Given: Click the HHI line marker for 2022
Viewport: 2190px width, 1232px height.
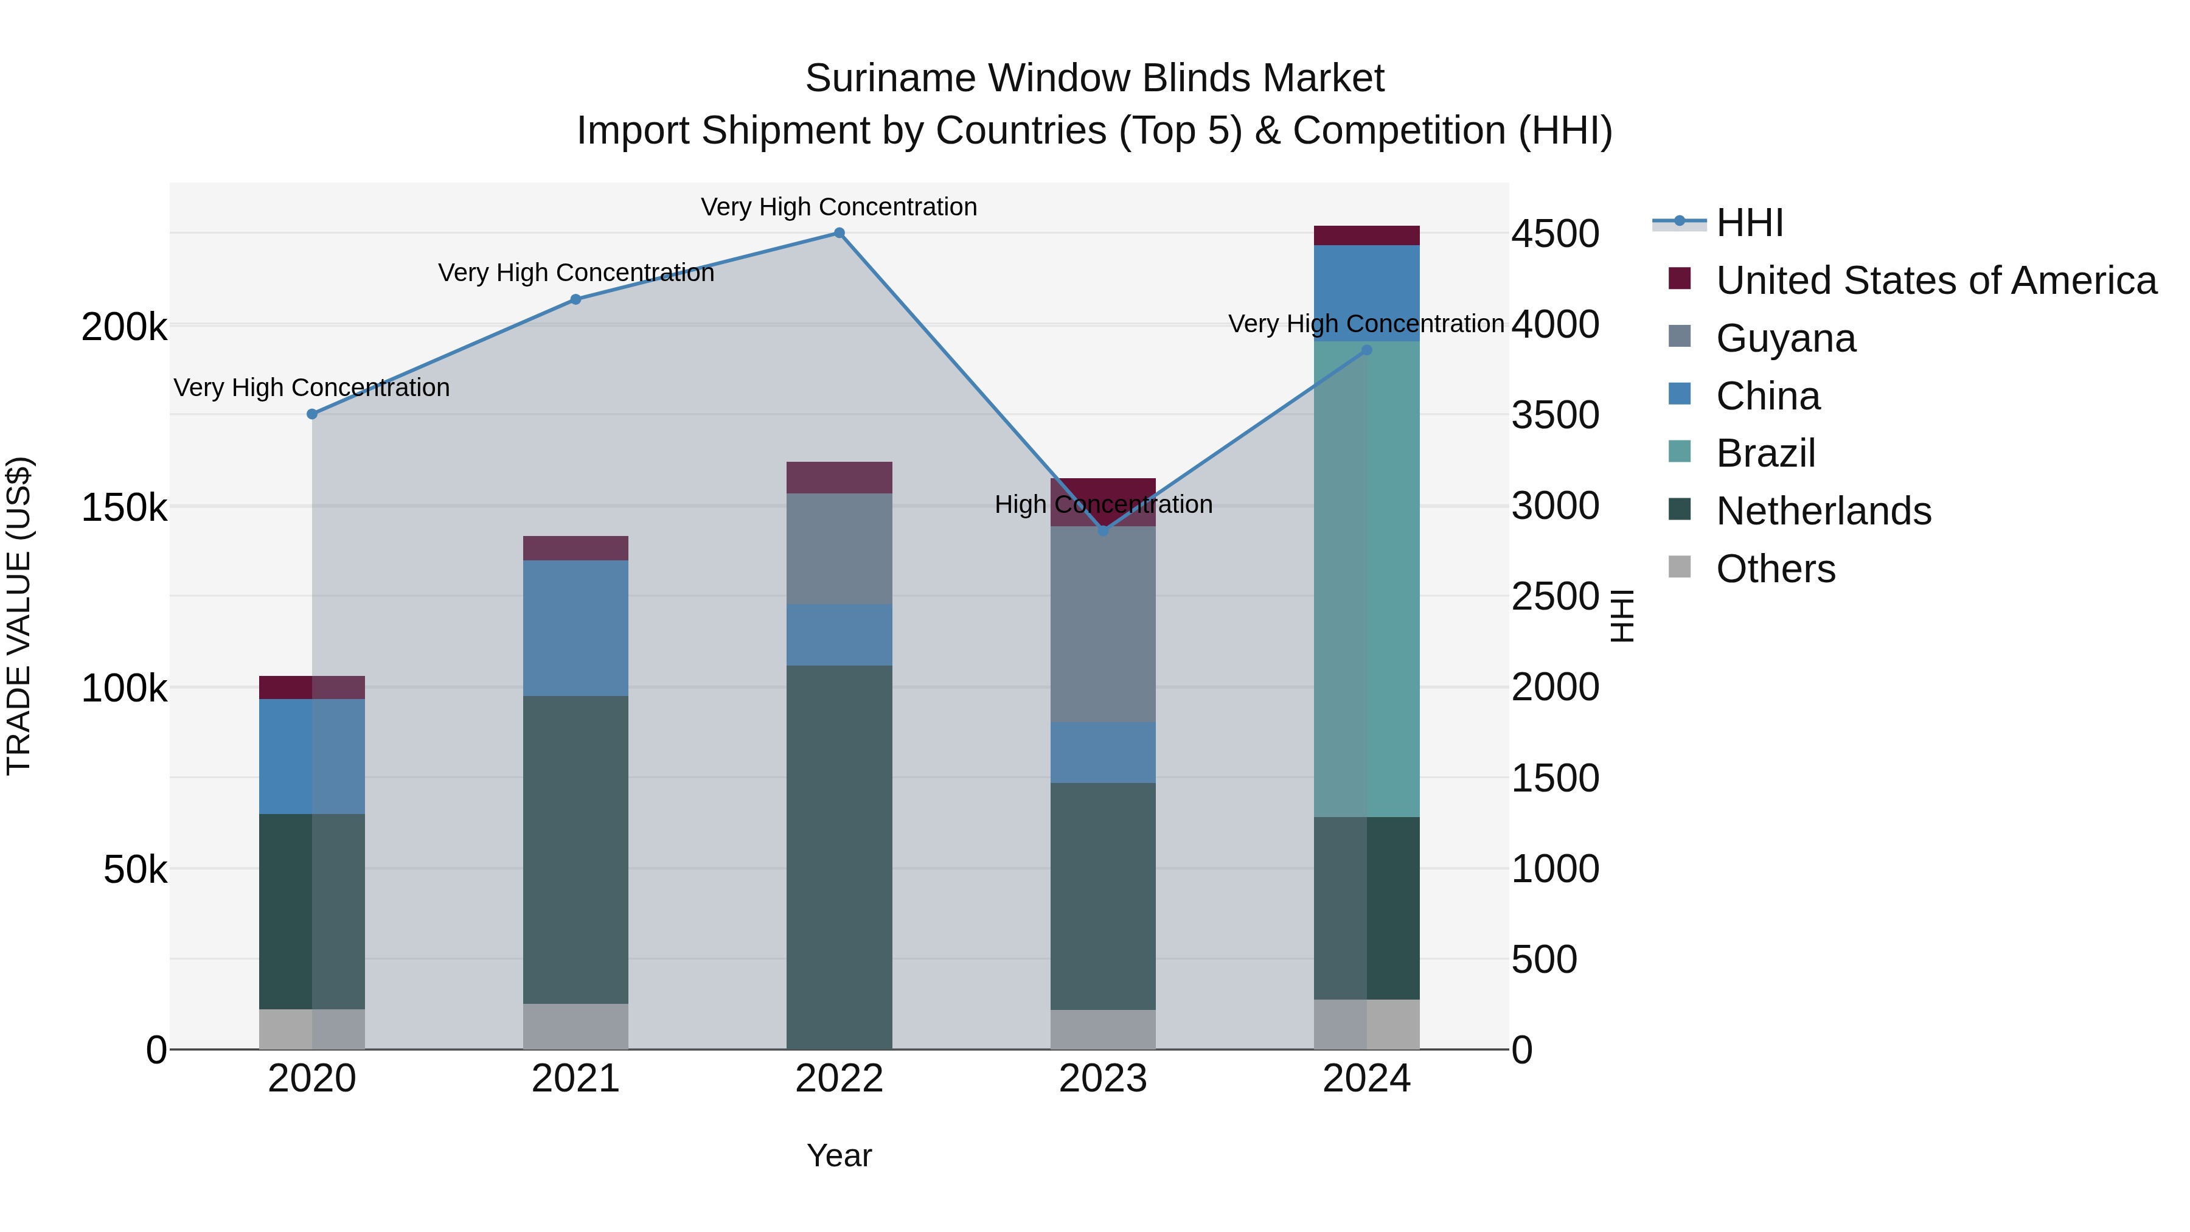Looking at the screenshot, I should click(x=839, y=233).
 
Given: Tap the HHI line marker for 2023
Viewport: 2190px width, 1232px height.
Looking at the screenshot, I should click(x=1104, y=531).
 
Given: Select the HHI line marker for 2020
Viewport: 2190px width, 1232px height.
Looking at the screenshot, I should click(x=312, y=414).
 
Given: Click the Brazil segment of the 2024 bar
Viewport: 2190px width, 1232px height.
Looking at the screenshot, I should click(x=1367, y=578).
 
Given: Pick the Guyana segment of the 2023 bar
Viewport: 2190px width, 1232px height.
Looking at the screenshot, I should click(x=1104, y=624).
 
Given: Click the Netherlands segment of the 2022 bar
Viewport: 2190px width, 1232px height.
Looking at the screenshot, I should click(x=839, y=857).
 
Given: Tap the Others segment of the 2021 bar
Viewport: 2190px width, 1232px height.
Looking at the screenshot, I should click(x=575, y=1026).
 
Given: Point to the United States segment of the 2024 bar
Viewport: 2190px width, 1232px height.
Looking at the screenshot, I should click(x=1367, y=235).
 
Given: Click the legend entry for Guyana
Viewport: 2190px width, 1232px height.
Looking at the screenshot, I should click(x=1785, y=338).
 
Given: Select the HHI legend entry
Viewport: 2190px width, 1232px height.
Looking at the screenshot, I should click(x=1749, y=223).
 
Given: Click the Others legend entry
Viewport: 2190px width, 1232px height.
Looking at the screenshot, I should click(x=1775, y=569).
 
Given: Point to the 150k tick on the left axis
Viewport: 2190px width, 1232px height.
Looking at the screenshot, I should click(x=124, y=507).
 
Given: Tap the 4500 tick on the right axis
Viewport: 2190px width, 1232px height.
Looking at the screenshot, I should click(x=1555, y=234).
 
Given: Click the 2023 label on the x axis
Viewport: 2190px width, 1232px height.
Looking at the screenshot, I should click(x=1104, y=1079).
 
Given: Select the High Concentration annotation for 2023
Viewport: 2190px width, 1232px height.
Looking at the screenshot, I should click(x=1104, y=504).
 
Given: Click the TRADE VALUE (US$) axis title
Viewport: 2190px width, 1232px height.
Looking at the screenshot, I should click(x=19, y=616).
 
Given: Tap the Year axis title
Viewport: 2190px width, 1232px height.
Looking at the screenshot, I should click(x=839, y=1155).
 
